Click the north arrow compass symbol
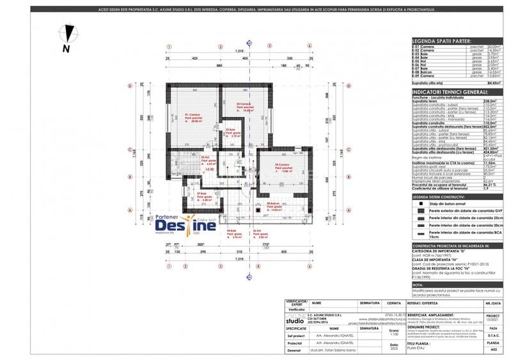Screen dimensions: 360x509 point(66,35)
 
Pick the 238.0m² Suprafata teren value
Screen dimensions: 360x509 point(492,101)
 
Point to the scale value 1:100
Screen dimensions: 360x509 point(394,333)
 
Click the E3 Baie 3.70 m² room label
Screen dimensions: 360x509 point(233,134)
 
